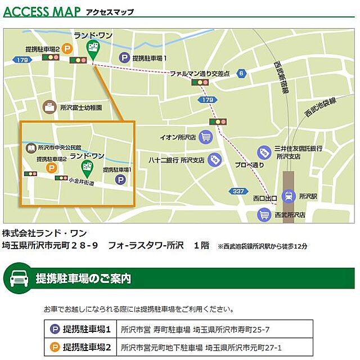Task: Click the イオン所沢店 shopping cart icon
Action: point(206,136)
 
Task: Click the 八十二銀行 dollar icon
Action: point(213,160)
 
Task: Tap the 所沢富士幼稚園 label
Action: point(81,107)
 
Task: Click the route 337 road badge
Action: point(238,191)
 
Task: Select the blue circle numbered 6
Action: point(241,73)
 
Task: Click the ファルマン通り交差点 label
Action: point(200,73)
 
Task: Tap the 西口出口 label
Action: point(265,198)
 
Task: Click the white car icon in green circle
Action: point(17,278)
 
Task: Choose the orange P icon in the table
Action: point(55,347)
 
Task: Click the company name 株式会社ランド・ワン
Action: point(45,232)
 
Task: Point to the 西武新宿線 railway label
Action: point(282,76)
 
